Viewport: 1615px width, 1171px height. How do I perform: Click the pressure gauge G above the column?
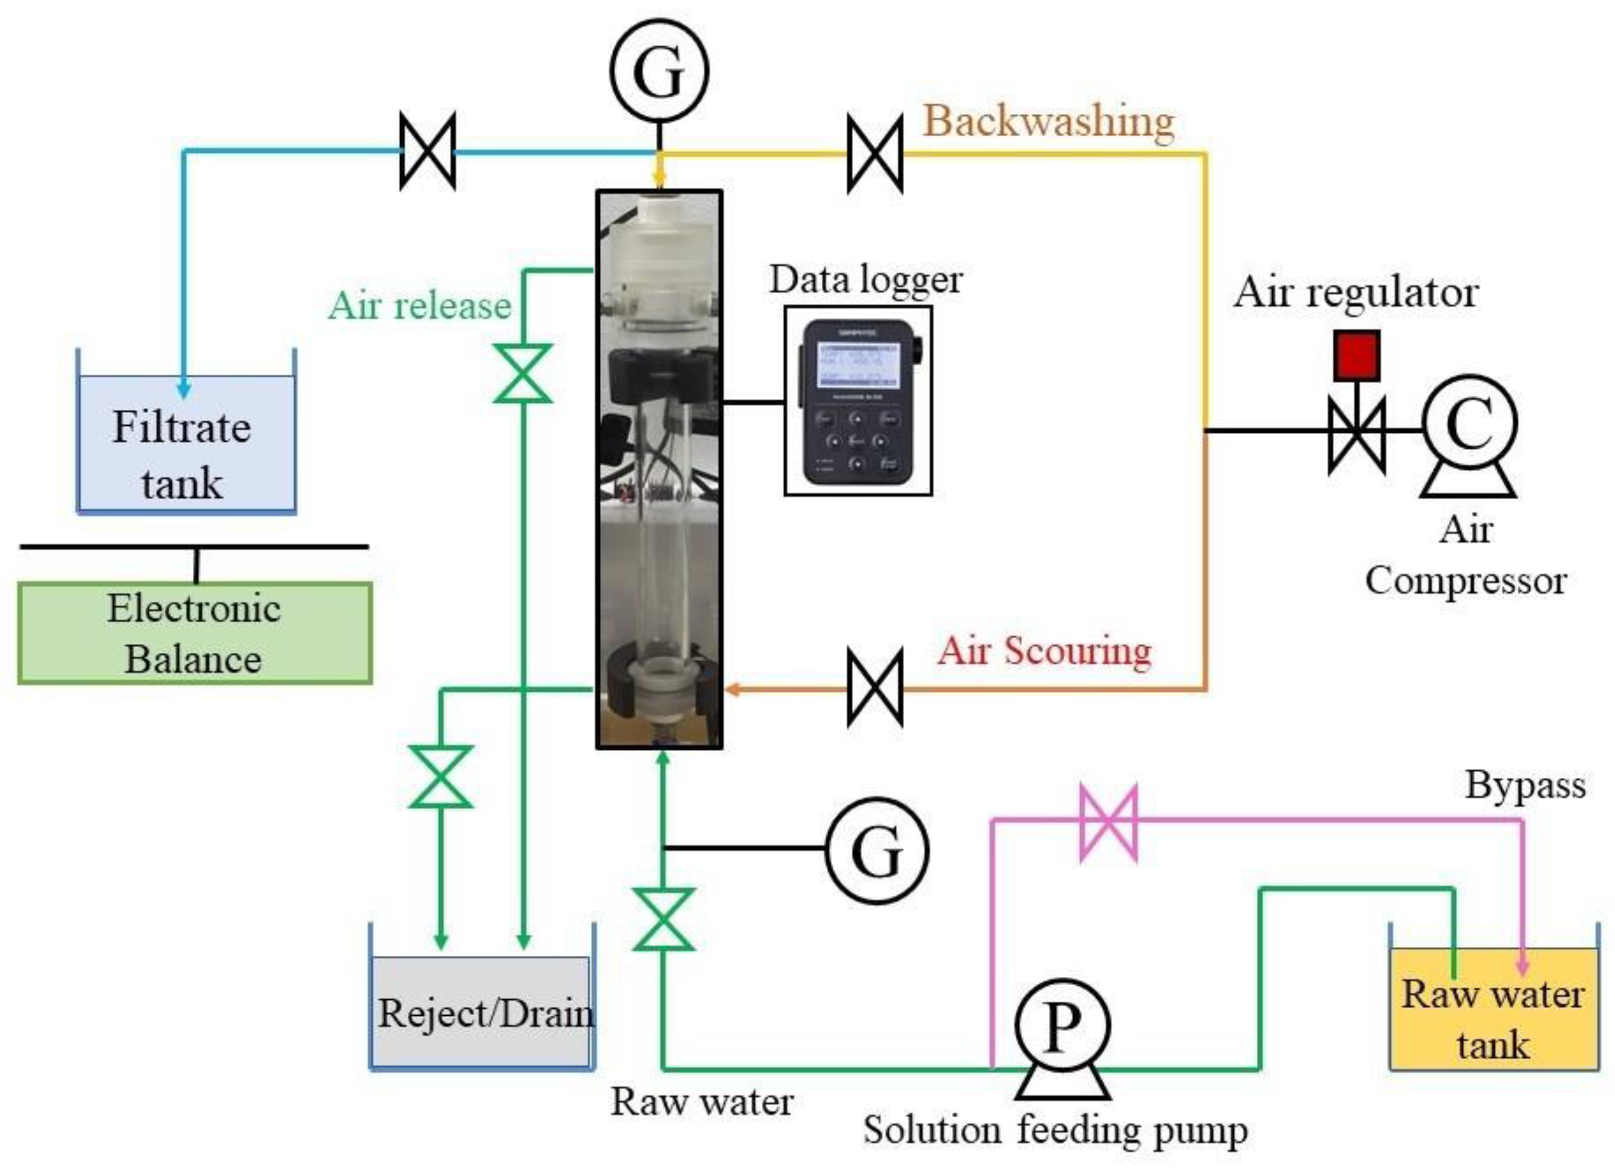point(659,70)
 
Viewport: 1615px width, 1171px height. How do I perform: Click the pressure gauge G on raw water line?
point(877,850)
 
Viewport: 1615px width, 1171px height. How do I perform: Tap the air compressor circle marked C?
point(1469,423)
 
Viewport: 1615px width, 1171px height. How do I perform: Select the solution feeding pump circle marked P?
point(1061,1027)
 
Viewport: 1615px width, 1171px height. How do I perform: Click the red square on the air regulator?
point(1357,354)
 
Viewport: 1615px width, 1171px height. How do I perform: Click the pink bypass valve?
point(1108,823)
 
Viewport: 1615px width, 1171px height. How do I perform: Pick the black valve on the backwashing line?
point(875,153)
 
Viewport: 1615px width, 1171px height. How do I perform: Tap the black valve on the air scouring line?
point(875,687)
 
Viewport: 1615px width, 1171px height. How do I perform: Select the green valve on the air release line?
point(523,373)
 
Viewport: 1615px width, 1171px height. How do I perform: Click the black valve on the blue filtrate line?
point(427,151)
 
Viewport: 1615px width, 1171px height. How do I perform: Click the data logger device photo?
point(858,401)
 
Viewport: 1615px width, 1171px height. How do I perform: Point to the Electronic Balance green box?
point(195,633)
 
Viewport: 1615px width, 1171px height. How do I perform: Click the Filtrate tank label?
point(183,454)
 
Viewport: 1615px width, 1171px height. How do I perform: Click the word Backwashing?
point(1048,121)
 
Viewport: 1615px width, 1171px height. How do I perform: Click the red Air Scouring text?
point(1044,650)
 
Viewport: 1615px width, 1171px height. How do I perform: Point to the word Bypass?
point(1525,787)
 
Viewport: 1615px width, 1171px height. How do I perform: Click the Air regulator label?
point(1356,292)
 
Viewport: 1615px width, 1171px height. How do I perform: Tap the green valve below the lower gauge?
point(663,920)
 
